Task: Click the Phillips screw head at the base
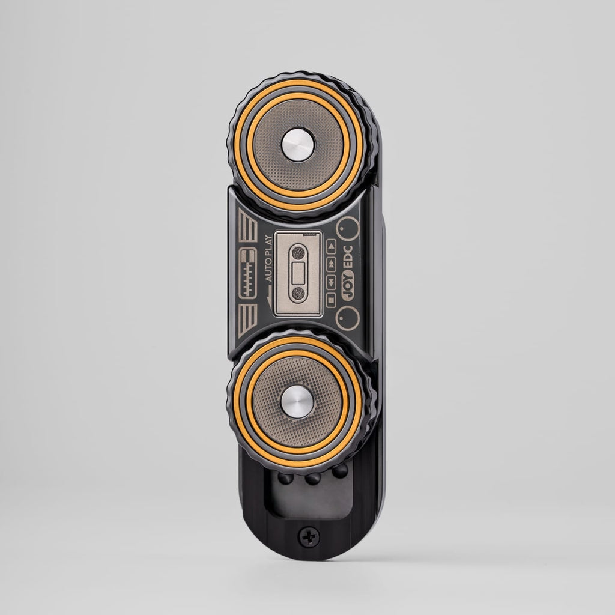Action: [309, 536]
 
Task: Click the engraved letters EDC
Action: [348, 257]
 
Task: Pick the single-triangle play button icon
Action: [331, 246]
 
